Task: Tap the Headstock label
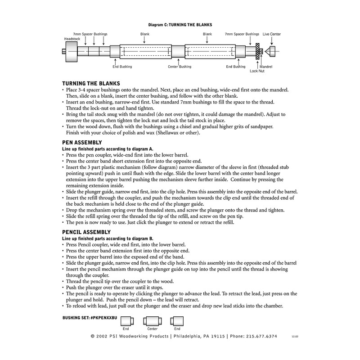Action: (x=72, y=38)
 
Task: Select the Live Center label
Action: (x=271, y=34)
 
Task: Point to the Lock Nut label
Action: (x=256, y=71)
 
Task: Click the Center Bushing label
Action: (x=180, y=67)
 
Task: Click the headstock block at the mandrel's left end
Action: (x=71, y=51)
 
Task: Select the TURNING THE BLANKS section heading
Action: (x=90, y=84)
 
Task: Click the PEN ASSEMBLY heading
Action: (x=82, y=143)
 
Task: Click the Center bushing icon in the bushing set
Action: (x=152, y=321)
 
